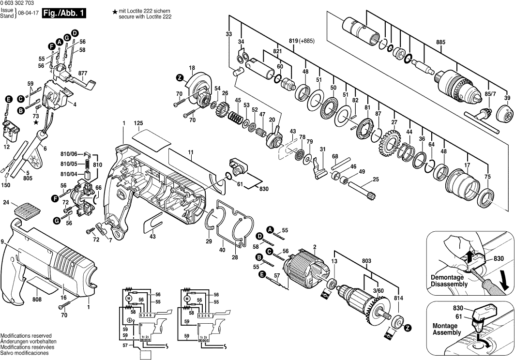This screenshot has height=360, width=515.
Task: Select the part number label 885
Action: [x=440, y=43]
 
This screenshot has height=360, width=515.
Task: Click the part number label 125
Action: [x=139, y=124]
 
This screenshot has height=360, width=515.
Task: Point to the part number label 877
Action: [x=83, y=74]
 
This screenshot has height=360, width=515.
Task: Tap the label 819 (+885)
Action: [x=302, y=41]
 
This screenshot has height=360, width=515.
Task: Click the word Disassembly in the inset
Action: [x=450, y=284]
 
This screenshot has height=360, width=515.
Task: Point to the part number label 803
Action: [x=366, y=261]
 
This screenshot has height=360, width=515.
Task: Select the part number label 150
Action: [x=6, y=185]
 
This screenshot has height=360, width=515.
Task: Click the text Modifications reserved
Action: [x=26, y=335]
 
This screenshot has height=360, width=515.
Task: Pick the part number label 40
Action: [x=222, y=250]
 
